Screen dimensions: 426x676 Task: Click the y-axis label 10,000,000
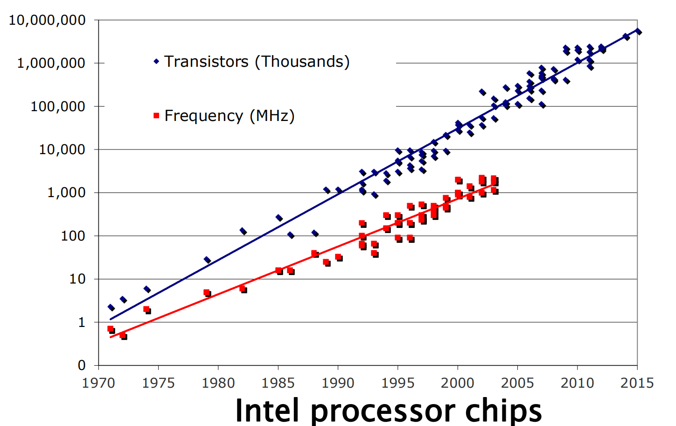pyautogui.click(x=47, y=20)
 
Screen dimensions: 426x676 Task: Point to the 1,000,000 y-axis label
pyautogui.click(x=51, y=63)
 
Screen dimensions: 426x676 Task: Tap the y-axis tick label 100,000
pyautogui.click(x=58, y=106)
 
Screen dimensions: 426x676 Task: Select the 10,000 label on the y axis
pyautogui.click(x=62, y=149)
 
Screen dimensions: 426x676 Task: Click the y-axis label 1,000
pyautogui.click(x=66, y=192)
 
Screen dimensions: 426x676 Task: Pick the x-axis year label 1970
pyautogui.click(x=98, y=383)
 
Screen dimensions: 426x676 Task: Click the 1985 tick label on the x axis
pyautogui.click(x=278, y=383)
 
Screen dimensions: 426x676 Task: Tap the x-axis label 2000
pyautogui.click(x=458, y=383)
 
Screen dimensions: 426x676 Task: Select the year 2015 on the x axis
pyautogui.click(x=637, y=383)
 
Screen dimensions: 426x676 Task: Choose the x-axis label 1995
pyautogui.click(x=398, y=383)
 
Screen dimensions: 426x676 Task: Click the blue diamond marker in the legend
pyautogui.click(x=156, y=61)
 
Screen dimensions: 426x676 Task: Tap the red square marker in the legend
pyautogui.click(x=156, y=115)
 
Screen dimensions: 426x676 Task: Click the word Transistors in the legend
pyautogui.click(x=206, y=61)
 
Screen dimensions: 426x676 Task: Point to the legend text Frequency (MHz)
pyautogui.click(x=230, y=115)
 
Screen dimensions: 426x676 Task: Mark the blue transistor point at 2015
pyautogui.click(x=638, y=32)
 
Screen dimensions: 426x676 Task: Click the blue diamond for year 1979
pyautogui.click(x=207, y=260)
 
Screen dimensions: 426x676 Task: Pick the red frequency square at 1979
pyautogui.click(x=207, y=292)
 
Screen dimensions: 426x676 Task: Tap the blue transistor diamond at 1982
pyautogui.click(x=243, y=231)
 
